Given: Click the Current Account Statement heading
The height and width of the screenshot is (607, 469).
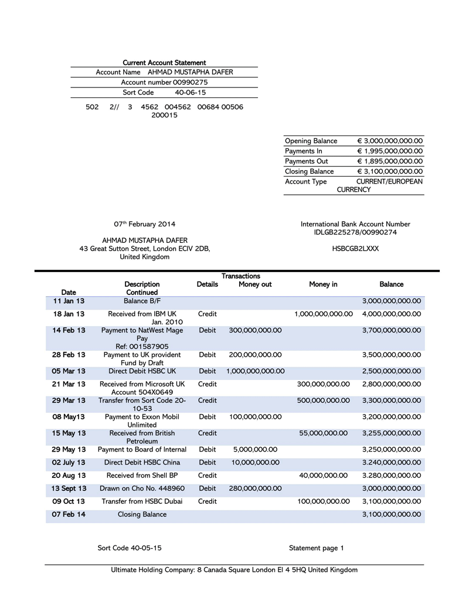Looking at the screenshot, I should [x=164, y=63].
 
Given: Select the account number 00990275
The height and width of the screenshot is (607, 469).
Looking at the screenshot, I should [x=190, y=83].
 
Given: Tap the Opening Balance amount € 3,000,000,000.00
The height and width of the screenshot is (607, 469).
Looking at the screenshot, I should [x=390, y=141].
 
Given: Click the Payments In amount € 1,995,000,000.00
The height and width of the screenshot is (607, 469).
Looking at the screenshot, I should [x=390, y=151].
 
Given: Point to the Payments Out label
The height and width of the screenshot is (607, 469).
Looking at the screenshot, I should [x=307, y=161].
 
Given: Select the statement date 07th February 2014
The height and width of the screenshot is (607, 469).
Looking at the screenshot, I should [x=144, y=224].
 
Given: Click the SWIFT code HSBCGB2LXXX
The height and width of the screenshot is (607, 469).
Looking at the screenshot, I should [x=355, y=249].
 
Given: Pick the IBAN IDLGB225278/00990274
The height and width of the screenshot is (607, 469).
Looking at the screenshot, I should [x=355, y=233].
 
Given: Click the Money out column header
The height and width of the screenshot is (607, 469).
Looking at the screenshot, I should [x=255, y=284].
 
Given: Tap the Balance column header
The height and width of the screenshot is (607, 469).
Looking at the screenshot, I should [x=391, y=284].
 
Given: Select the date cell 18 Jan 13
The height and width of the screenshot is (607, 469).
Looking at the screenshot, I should [x=69, y=314].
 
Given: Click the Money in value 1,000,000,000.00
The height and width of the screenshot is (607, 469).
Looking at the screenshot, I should [x=324, y=314].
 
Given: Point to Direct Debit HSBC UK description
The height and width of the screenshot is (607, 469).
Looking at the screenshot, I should [x=142, y=371].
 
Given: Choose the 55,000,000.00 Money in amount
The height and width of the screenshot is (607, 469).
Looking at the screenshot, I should [x=324, y=433].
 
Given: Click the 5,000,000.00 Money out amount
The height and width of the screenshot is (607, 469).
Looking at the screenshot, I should [x=255, y=450].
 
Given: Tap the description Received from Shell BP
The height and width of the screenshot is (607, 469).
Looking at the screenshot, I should [x=142, y=476].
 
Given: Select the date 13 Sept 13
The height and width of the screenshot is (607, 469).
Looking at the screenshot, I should [x=69, y=489].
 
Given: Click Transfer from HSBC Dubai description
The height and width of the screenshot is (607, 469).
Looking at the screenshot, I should [x=142, y=501].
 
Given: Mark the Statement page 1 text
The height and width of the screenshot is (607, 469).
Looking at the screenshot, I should [x=316, y=548].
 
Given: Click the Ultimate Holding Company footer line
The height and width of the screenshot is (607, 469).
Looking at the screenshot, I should [x=234, y=570].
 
